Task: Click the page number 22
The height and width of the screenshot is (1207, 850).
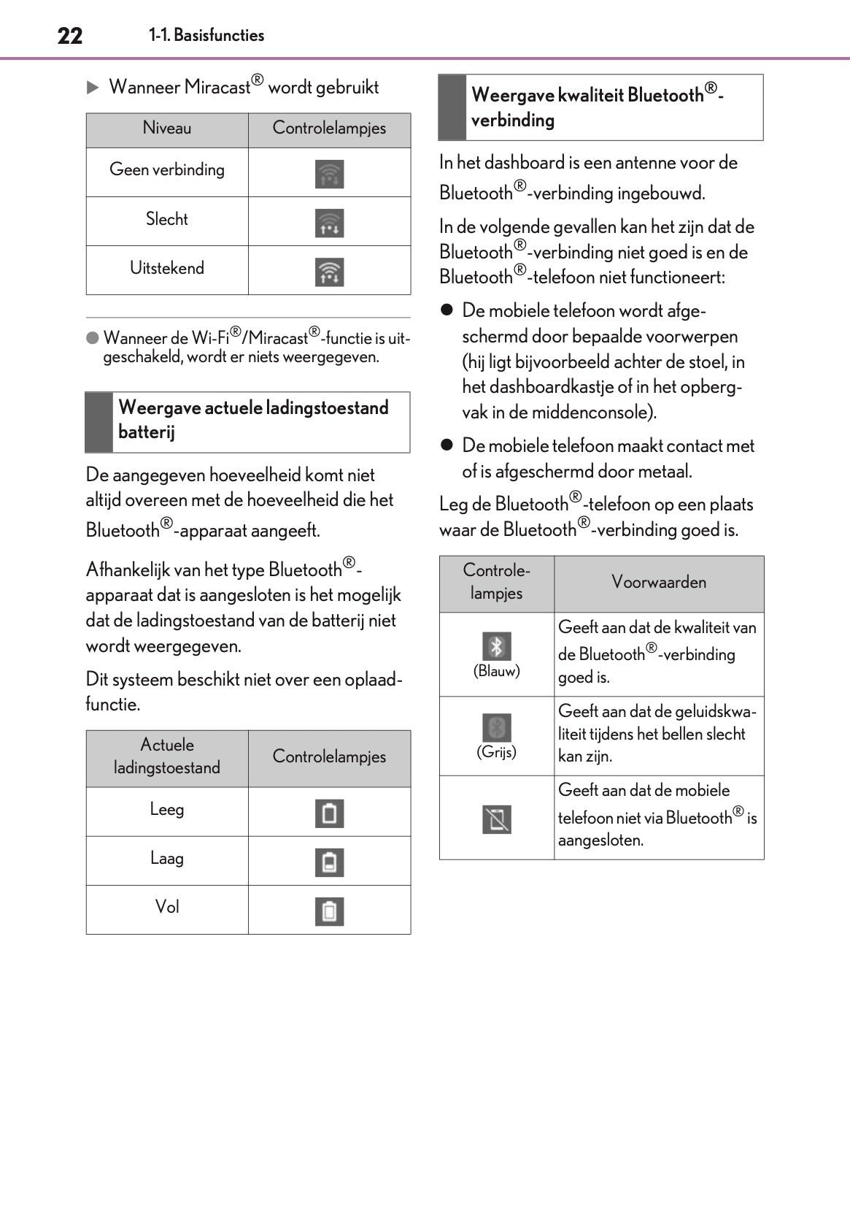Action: click(x=70, y=36)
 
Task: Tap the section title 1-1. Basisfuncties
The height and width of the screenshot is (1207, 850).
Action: click(x=206, y=35)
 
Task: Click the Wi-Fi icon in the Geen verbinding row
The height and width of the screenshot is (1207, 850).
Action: click(x=329, y=175)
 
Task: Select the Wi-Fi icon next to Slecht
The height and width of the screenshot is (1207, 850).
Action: click(x=329, y=223)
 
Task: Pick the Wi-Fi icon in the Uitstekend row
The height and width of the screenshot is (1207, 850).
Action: click(x=329, y=272)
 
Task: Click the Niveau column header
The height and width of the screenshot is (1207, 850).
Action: click(x=167, y=129)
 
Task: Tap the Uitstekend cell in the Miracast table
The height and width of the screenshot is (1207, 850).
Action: click(x=167, y=268)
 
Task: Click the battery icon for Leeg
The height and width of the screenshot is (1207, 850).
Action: click(x=329, y=813)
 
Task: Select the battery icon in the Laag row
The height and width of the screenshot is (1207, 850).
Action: click(x=329, y=862)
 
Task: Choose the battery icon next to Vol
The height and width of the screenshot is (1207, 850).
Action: click(x=329, y=911)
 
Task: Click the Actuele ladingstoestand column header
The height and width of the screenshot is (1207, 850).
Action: click(x=167, y=756)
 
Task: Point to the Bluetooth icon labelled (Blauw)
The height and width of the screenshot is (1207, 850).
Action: click(x=497, y=646)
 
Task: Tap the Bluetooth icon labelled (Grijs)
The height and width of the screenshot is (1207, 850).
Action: click(x=497, y=727)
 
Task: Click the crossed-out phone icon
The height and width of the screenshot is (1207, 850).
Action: click(x=497, y=819)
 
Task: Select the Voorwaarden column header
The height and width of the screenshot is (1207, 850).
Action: click(x=659, y=583)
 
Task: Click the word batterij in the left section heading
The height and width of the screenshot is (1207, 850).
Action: click(x=147, y=432)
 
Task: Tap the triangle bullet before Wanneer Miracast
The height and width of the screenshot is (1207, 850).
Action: click(x=93, y=88)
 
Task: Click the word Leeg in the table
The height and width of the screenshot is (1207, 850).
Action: click(x=167, y=810)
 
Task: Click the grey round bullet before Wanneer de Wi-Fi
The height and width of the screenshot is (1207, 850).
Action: click(x=93, y=338)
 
